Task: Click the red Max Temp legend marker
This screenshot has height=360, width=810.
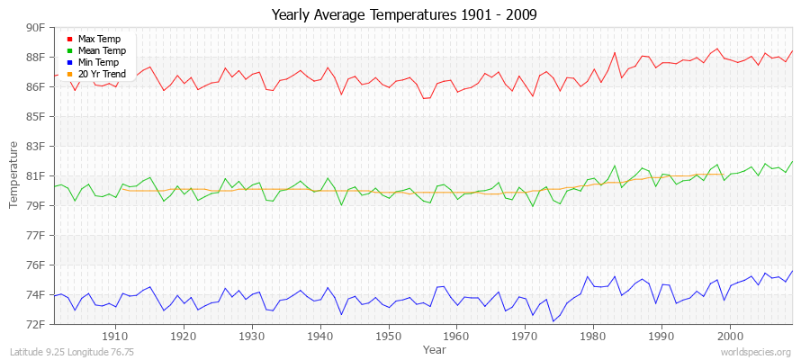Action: (69, 39)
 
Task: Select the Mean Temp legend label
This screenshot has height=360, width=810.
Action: (101, 50)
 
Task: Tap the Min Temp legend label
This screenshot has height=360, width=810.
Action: (98, 62)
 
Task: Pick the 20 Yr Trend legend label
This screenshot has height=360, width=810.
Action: (103, 74)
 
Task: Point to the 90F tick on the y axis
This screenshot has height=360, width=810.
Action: (35, 28)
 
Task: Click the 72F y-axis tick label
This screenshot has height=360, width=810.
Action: (35, 324)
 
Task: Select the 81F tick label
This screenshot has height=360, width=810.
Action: (35, 175)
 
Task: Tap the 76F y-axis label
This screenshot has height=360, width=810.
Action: (35, 265)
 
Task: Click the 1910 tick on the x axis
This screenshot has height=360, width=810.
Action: (115, 337)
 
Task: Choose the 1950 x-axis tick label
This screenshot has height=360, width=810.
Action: (388, 337)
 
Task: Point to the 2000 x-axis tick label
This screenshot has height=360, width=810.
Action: (730, 337)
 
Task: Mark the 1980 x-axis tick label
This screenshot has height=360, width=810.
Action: (593, 337)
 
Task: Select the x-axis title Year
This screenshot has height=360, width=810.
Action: (434, 349)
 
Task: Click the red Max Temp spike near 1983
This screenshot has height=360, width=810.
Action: (614, 52)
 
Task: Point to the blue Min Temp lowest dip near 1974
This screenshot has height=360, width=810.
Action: (553, 321)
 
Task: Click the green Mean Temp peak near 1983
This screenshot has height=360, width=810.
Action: (614, 166)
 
